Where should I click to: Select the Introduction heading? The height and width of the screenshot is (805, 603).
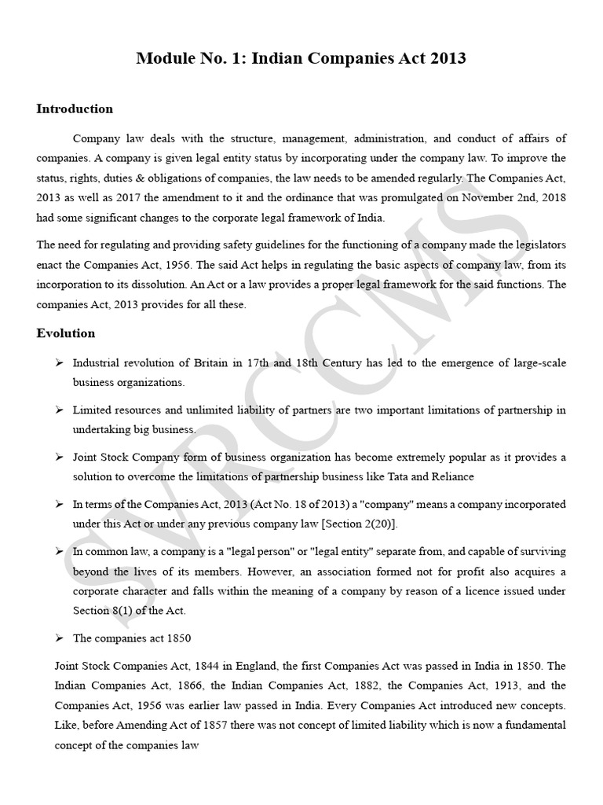pos(75,108)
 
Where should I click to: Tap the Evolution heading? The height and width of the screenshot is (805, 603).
pos(66,333)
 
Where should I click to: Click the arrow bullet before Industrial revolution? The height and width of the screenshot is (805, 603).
pos(59,362)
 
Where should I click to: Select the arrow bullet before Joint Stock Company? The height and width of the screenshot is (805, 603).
pos(59,457)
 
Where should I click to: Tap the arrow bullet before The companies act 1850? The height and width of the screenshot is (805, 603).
pos(59,638)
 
